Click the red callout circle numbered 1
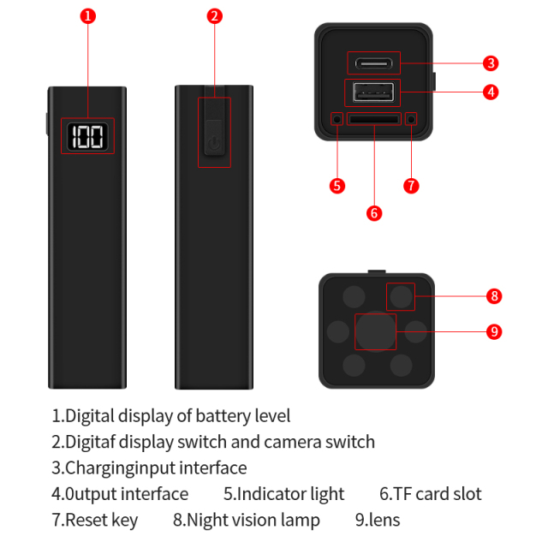pos(88,15)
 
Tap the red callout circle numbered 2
pos(215,15)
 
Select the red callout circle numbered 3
pos(491,63)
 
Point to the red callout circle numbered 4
pos(491,91)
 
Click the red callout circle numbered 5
pos(337,185)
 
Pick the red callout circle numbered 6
pos(373,212)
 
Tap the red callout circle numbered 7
pos(411,185)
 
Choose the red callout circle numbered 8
pos(493,296)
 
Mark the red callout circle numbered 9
pos(493,331)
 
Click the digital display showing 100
pos(87,136)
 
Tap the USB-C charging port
pos(373,63)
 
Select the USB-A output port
pos(373,92)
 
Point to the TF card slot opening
pos(373,118)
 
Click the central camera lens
pos(375,331)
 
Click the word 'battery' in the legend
pos(224,416)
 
